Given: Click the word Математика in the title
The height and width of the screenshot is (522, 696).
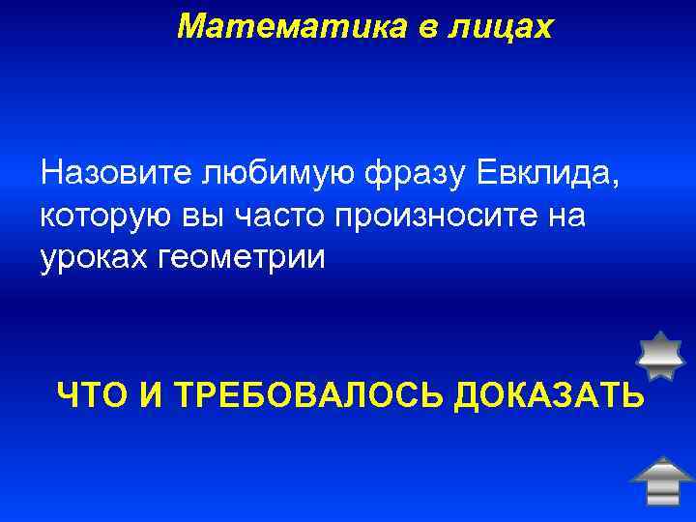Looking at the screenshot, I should (282, 26).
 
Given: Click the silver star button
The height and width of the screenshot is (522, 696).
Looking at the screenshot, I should (662, 356).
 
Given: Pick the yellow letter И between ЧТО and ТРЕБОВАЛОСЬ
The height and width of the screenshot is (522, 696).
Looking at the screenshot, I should (154, 394).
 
